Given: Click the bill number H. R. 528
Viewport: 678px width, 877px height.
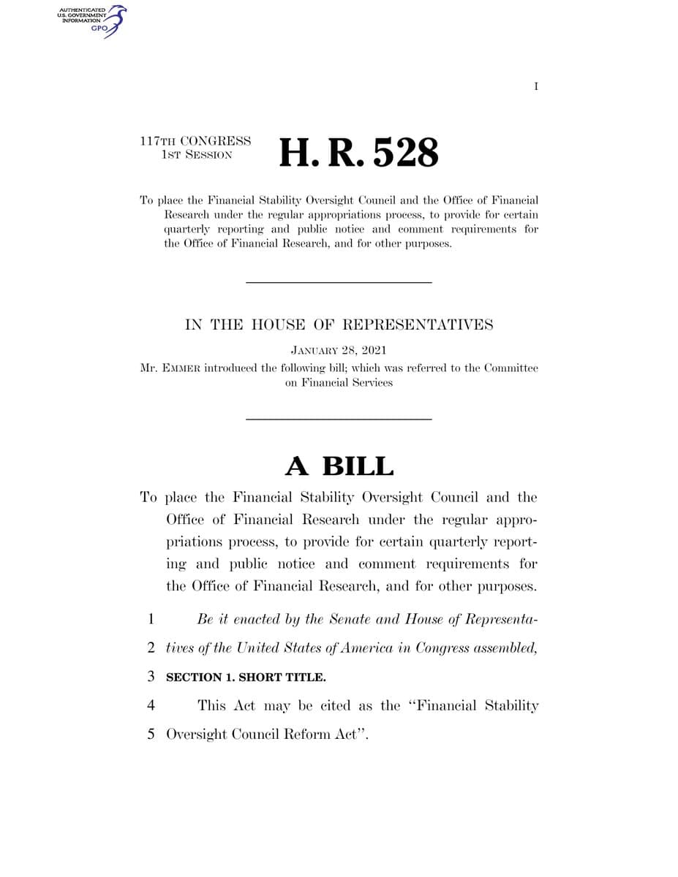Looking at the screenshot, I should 359,152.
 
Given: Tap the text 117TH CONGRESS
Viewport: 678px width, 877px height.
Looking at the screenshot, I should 195,141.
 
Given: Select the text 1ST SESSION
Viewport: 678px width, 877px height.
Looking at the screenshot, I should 195,155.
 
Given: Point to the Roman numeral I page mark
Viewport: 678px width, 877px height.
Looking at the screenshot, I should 536,87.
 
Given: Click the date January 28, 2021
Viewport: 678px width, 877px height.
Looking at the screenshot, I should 339,351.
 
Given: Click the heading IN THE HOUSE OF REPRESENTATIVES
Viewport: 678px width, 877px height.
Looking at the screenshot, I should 339,325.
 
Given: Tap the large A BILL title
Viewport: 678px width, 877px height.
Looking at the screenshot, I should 339,466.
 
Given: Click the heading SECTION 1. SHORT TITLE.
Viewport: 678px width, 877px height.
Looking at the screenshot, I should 246,677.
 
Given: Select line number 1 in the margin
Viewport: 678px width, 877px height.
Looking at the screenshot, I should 151,620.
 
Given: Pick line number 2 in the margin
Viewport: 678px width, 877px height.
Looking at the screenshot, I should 151,648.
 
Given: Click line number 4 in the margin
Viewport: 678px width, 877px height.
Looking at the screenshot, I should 151,706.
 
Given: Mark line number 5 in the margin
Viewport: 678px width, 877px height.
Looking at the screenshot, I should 151,734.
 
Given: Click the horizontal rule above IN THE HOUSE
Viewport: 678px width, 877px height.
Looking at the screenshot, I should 339,282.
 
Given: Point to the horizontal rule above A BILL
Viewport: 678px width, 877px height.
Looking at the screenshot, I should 339,419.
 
